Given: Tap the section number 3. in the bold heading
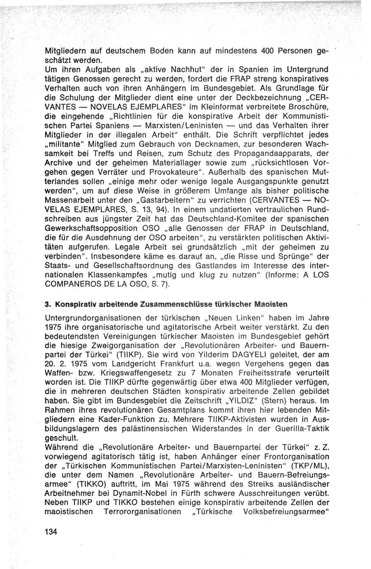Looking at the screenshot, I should click(x=47, y=304).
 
